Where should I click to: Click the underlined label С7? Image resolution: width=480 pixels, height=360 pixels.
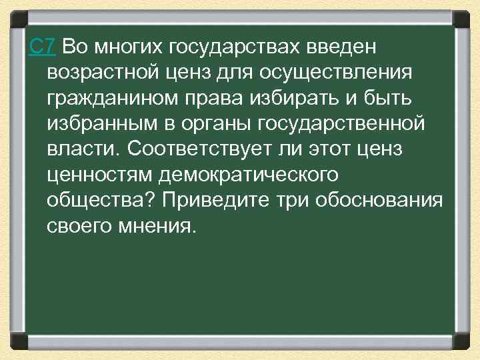coord(43,47)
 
